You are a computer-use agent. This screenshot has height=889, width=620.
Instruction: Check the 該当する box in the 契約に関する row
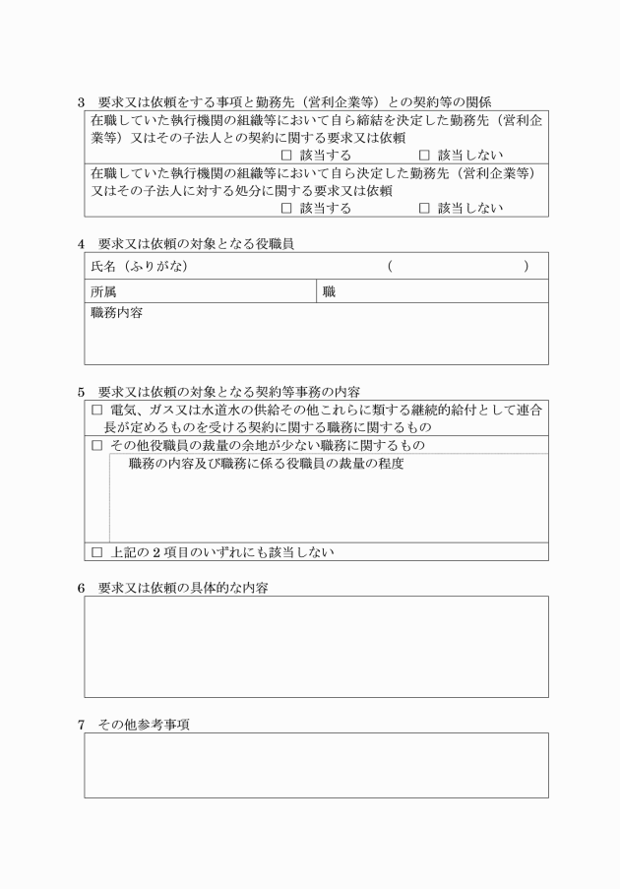(x=286, y=156)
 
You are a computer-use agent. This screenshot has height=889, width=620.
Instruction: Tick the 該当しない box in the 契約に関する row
(x=424, y=156)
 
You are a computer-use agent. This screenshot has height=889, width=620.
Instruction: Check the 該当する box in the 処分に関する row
(x=286, y=208)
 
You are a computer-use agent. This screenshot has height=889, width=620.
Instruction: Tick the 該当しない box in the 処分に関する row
(x=424, y=208)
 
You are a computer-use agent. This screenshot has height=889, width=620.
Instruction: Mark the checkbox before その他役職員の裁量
(x=96, y=445)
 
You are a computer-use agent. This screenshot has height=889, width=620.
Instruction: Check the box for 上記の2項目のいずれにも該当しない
(x=96, y=552)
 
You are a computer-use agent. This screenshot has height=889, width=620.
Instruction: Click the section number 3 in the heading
(x=82, y=102)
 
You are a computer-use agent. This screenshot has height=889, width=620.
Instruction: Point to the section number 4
(x=82, y=243)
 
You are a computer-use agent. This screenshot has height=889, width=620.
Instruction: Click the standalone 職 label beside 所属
(x=329, y=291)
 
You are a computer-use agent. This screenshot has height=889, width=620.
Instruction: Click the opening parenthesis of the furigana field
(x=391, y=267)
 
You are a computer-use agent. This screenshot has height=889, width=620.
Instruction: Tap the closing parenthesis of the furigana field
(x=527, y=267)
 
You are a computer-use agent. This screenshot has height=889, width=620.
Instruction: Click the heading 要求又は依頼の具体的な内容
(x=183, y=587)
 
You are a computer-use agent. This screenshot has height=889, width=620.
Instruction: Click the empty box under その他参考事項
(x=316, y=765)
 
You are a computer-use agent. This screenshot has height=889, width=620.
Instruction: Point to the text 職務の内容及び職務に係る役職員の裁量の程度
(x=266, y=464)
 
